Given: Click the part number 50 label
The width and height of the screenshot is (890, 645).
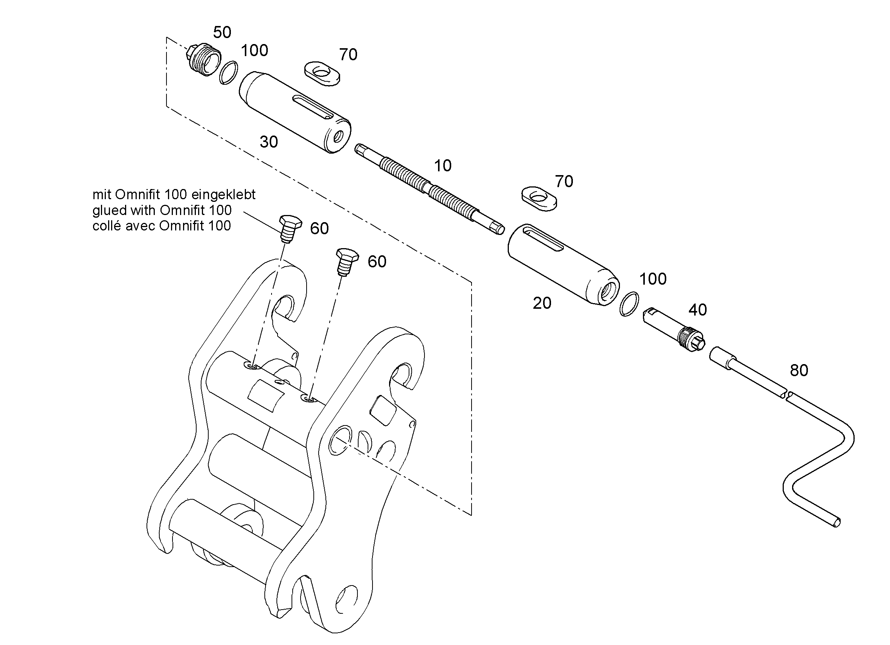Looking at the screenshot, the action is [222, 32].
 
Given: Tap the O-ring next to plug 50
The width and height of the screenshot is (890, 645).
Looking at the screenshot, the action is [228, 72].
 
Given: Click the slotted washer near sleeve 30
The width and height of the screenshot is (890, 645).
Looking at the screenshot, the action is [322, 73].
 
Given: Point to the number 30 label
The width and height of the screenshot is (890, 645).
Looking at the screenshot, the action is [269, 142].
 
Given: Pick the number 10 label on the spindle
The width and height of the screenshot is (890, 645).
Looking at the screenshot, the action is [443, 166].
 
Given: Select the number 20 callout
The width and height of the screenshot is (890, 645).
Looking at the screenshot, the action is [542, 303].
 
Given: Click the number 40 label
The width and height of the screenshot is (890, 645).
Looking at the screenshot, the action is [698, 310].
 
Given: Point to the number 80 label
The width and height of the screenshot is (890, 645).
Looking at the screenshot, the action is [799, 371].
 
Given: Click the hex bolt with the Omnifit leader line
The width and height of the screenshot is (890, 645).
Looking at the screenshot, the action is [290, 229].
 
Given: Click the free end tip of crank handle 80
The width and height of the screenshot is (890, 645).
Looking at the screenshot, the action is [838, 522].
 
